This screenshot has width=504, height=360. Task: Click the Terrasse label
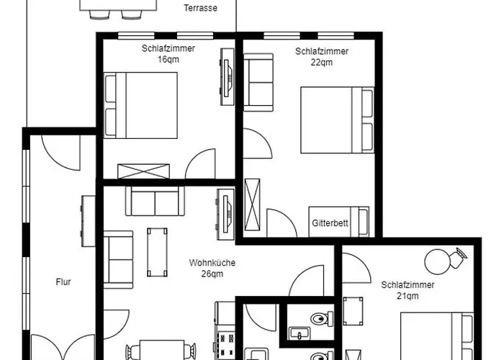201,8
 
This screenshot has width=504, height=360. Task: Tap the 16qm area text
168,60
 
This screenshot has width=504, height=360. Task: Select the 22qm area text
322,63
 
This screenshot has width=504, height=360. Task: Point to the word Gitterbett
330,223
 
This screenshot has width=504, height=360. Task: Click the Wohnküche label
212,263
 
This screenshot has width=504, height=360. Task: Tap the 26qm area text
212,274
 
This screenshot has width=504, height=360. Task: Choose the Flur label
63,282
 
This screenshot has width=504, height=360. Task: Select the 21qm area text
408,296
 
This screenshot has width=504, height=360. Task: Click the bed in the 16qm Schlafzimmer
141,105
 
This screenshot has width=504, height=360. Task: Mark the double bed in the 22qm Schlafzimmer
337,120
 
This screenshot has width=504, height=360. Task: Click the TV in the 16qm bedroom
228,77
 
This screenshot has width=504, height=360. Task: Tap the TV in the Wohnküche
225,215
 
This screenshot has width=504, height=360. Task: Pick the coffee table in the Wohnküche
157,252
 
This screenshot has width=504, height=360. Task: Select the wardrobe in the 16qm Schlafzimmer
144,171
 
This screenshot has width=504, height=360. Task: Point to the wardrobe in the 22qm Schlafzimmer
252,204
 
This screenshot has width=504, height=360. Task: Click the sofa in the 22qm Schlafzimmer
258,83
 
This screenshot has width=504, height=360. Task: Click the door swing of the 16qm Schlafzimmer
201,163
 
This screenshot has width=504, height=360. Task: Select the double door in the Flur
63,347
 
